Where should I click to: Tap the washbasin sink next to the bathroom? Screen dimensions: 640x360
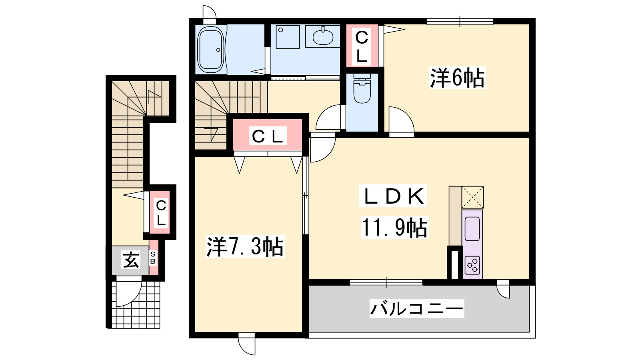click(x=323, y=37)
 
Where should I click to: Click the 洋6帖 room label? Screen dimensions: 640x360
click(x=457, y=78)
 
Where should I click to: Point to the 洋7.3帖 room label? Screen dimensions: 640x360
click(x=245, y=247)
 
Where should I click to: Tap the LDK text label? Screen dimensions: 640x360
click(x=393, y=196)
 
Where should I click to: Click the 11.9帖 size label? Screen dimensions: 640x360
click(x=394, y=228)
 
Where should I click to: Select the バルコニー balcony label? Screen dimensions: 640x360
click(x=416, y=308)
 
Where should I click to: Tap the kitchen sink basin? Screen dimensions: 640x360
click(x=472, y=228)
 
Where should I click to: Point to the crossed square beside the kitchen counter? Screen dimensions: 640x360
click(x=472, y=197)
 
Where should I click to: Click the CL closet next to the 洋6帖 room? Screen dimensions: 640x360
click(x=362, y=46)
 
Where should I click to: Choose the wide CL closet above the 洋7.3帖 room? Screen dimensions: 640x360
click(x=268, y=135)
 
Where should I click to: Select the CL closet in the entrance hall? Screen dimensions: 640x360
click(x=160, y=212)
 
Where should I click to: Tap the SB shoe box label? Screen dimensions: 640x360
click(x=153, y=258)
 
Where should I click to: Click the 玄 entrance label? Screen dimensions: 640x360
click(x=131, y=260)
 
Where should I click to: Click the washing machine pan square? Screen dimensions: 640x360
click(x=288, y=37)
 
